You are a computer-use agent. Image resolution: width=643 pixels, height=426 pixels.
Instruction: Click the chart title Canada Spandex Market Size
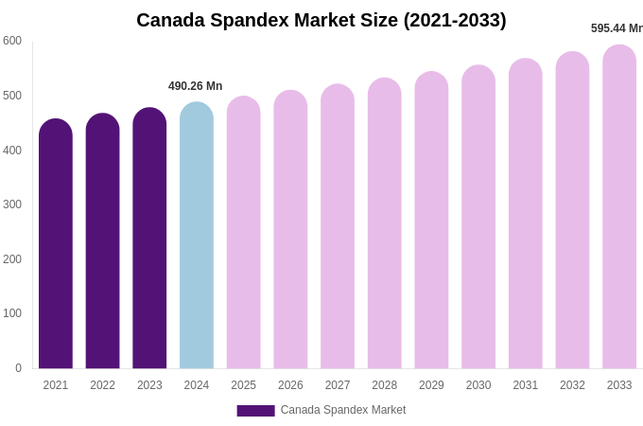(321, 20)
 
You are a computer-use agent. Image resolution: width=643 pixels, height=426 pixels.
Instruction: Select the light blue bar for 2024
(197, 237)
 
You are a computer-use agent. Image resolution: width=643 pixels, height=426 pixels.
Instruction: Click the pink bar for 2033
(619, 207)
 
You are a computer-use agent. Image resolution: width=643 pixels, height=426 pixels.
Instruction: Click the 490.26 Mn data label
(196, 86)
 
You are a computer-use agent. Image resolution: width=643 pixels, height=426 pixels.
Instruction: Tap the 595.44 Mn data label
(617, 28)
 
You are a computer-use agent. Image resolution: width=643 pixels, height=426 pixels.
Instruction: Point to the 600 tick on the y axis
(12, 41)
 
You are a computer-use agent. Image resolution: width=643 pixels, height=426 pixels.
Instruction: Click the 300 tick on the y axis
(12, 204)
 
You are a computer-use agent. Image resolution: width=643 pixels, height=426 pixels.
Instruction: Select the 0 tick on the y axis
(18, 368)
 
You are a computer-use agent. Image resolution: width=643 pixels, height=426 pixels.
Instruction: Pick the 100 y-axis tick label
(12, 313)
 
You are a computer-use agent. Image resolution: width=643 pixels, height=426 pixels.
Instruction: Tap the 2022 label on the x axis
(102, 385)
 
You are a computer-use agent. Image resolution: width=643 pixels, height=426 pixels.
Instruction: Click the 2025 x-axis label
(244, 385)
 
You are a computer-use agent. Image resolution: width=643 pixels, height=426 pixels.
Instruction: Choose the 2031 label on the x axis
(526, 385)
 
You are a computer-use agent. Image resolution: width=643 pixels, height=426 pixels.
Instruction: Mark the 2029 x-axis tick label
(431, 385)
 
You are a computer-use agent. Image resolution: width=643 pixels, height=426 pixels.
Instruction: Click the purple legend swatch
(255, 411)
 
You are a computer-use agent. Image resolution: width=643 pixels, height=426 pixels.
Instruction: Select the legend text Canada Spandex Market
(343, 410)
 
